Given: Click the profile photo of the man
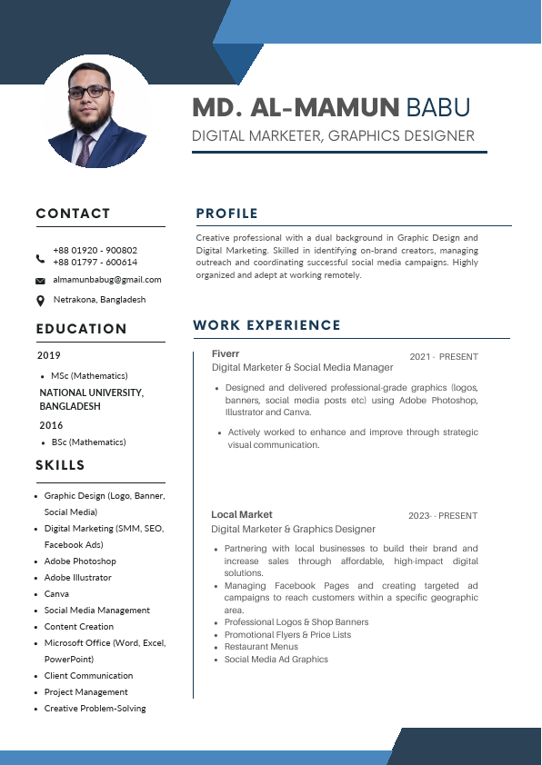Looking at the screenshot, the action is pyautogui.click(x=96, y=111).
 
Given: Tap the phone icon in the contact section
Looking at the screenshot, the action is pyautogui.click(x=40, y=258).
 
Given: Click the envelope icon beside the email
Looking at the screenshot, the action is pyautogui.click(x=40, y=281).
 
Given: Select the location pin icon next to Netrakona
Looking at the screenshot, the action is pyautogui.click(x=40, y=301).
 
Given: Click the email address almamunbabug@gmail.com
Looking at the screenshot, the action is pyautogui.click(x=107, y=280).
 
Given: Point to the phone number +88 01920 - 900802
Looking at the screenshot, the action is pyautogui.click(x=95, y=250).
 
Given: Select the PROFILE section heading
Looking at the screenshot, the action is pyautogui.click(x=226, y=214).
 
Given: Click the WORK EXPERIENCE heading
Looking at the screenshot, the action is pyautogui.click(x=266, y=325).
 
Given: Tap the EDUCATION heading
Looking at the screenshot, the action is pyautogui.click(x=81, y=329).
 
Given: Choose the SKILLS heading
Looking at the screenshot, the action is pyautogui.click(x=60, y=465).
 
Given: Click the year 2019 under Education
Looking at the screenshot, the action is pyautogui.click(x=49, y=355).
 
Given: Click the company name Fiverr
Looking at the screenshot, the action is pyautogui.click(x=226, y=353).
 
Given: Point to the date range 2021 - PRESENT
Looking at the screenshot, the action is pyautogui.click(x=443, y=357).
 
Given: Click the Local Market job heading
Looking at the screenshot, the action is pyautogui.click(x=242, y=514).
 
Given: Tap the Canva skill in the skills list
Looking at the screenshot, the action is pyautogui.click(x=56, y=594).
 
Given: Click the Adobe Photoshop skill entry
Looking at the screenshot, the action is pyautogui.click(x=80, y=561).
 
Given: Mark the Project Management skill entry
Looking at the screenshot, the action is pyautogui.click(x=86, y=692).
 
